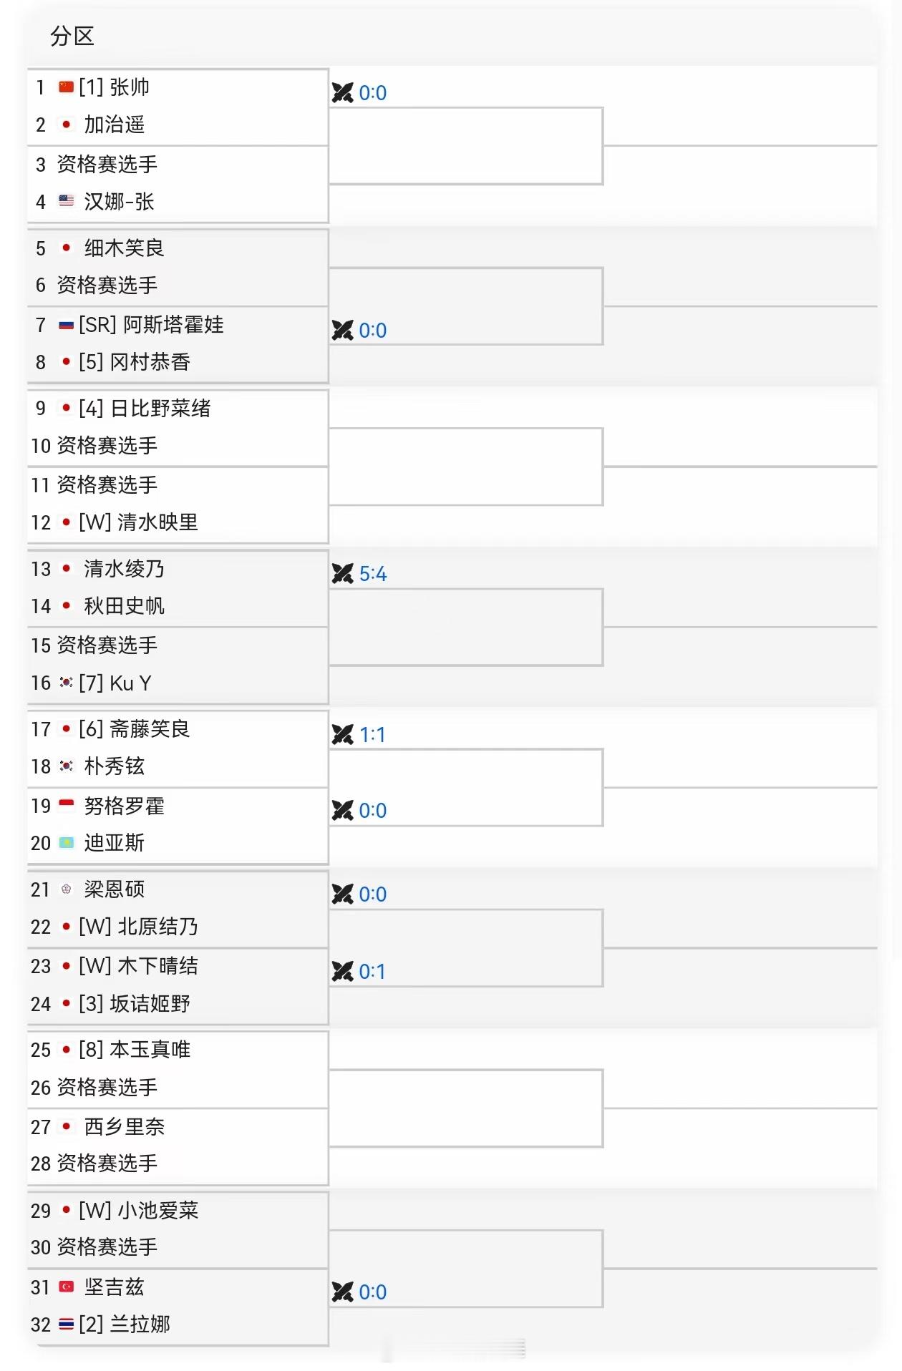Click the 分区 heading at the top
[72, 36]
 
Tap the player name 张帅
[130, 87]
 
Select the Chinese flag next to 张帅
[66, 87]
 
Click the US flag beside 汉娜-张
[66, 201]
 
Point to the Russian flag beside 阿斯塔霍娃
[66, 325]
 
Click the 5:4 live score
[372, 574]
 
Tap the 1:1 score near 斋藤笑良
[372, 735]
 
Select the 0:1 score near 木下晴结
[372, 972]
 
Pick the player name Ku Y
[130, 683]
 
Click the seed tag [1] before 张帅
[91, 87]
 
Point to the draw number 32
[41, 1324]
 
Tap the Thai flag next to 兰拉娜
[66, 1324]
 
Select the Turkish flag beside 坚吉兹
[66, 1287]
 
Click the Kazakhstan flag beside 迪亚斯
[66, 843]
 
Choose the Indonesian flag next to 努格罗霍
[66, 805]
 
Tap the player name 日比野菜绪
[160, 409]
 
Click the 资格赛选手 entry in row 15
[107, 645]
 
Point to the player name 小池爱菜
[158, 1210]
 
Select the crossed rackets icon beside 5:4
[343, 574]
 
